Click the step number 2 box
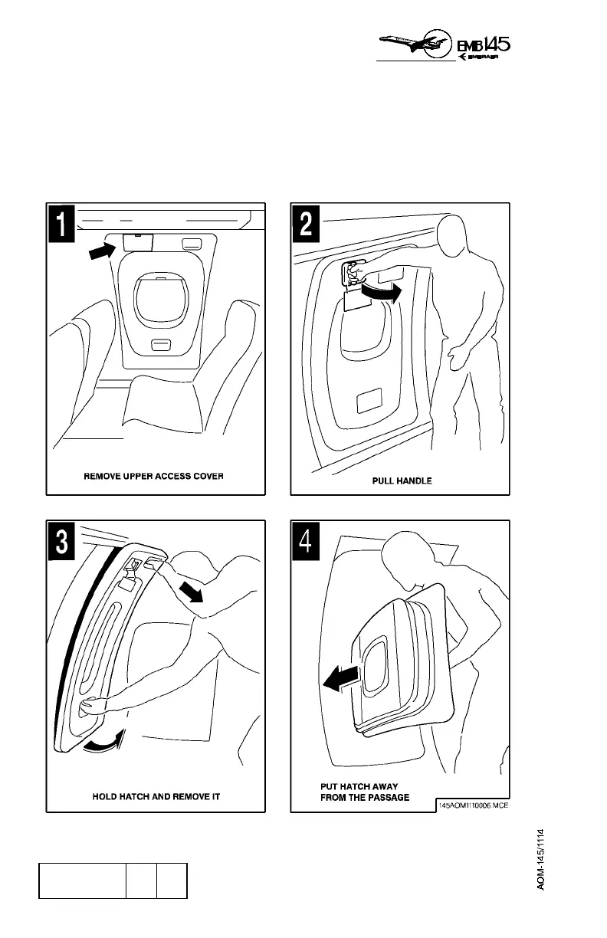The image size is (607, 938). [x=306, y=225]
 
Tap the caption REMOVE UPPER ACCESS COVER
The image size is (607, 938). [x=153, y=476]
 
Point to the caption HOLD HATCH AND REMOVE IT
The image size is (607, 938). [x=152, y=797]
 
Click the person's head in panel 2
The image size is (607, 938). [x=459, y=239]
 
